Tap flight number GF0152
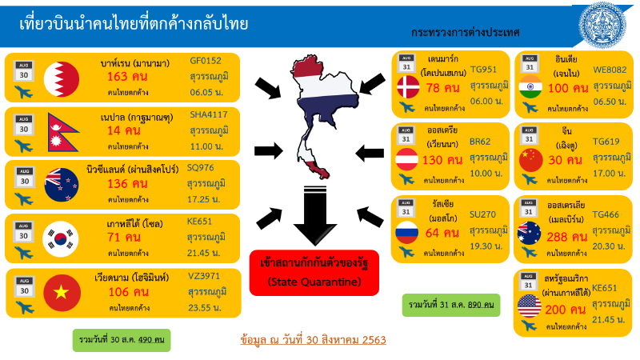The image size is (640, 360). tap(205, 60)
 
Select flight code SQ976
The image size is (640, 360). tap(202, 167)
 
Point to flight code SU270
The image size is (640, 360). tap(481, 214)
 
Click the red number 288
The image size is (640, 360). tap(562, 237)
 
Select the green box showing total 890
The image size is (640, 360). tap(450, 306)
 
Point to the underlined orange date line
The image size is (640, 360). tap(314, 339)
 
